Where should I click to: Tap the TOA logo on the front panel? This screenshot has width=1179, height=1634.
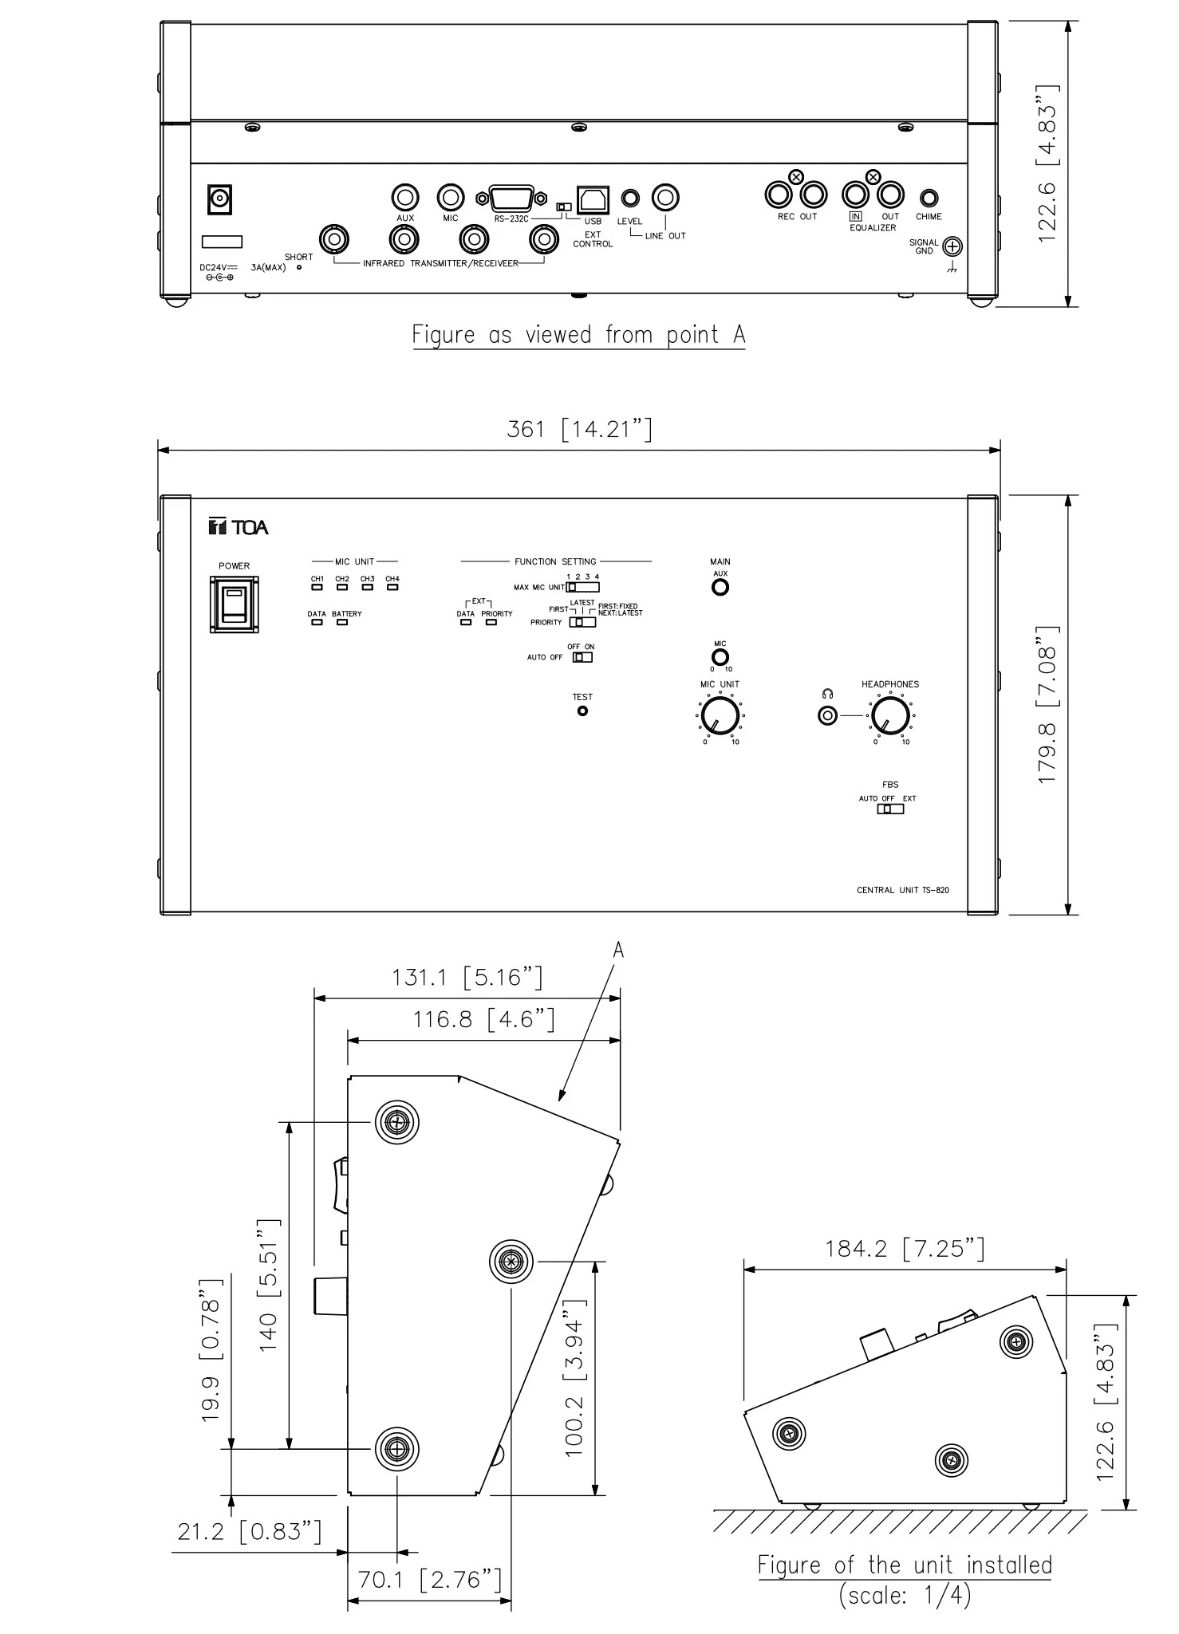point(239,527)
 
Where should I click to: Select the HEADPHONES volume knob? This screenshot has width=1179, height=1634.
point(889,715)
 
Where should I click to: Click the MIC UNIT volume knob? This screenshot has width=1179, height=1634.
point(720,715)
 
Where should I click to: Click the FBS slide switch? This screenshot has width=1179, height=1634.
point(890,809)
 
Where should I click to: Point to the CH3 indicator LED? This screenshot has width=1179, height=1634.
point(367,588)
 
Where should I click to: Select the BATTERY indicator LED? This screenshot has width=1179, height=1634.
point(342,622)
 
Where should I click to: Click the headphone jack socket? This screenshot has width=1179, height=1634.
point(828,715)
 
